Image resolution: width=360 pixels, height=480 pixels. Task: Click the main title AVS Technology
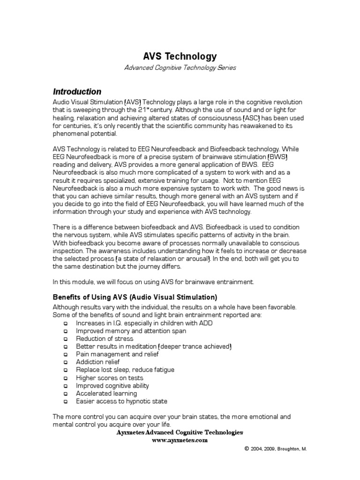[180, 56]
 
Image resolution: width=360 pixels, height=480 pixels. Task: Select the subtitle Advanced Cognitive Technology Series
[180, 68]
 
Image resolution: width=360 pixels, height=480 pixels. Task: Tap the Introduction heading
[77, 91]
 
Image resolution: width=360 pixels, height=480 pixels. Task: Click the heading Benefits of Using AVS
[135, 297]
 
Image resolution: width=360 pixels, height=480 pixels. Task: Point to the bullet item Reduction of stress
[105, 338]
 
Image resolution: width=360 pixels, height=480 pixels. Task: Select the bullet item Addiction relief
[97, 362]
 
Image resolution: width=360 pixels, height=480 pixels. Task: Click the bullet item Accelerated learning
[106, 393]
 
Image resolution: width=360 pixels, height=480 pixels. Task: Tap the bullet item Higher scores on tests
[110, 378]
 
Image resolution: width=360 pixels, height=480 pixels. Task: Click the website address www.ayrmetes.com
[180, 441]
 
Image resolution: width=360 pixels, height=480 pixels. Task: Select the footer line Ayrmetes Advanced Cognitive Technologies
[180, 432]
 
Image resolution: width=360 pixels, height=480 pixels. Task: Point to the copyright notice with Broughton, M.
[275, 449]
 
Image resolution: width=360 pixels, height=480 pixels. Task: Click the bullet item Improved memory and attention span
[124, 330]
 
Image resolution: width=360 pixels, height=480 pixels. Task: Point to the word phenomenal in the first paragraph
[70, 134]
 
